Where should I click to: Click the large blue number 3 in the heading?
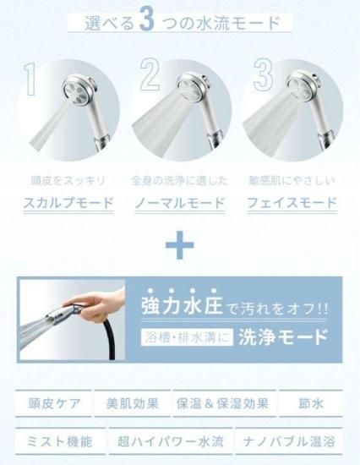click(x=147, y=21)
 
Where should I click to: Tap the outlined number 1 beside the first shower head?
click(x=30, y=79)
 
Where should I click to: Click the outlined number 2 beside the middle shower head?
click(x=150, y=74)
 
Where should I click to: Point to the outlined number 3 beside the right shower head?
click(x=264, y=74)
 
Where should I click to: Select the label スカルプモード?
click(x=68, y=203)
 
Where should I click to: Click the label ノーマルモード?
click(x=180, y=203)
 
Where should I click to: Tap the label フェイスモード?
click(x=292, y=203)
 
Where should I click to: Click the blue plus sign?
click(x=180, y=245)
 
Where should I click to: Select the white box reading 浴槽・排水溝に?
click(x=187, y=337)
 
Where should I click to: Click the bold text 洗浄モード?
click(x=283, y=337)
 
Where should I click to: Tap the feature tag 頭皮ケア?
click(x=53, y=403)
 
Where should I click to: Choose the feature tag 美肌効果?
click(x=133, y=403)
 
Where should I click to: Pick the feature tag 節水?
click(x=311, y=403)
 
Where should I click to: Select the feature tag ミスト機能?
click(x=60, y=441)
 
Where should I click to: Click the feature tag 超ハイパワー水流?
click(x=170, y=441)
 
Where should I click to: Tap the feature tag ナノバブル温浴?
click(x=289, y=441)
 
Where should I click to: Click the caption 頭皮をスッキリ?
click(x=68, y=181)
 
